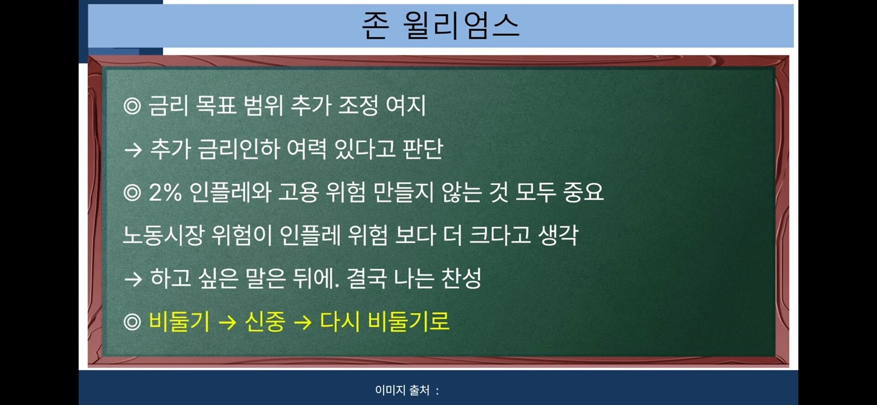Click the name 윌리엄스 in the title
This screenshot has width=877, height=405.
pos(461,25)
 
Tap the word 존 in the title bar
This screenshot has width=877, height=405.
pos(375,25)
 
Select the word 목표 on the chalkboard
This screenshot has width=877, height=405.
pos(216,106)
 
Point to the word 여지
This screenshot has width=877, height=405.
pos(406,106)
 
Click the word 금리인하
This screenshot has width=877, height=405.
pos(238,149)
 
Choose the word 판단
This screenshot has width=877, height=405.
pos(423,149)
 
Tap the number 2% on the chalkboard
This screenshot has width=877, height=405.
pos(165,192)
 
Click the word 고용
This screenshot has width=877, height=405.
pos(299,192)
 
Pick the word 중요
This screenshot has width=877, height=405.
pos(583,192)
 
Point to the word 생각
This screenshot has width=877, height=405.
pos(558,235)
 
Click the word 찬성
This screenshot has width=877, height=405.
pos(461,278)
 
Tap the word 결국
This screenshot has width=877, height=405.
pos(367,278)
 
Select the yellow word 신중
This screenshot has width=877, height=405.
pos(265,321)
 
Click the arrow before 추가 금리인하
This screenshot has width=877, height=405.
pos(133,150)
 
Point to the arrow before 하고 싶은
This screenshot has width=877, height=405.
pos(133,279)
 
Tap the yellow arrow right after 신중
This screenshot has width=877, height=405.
pos(302,322)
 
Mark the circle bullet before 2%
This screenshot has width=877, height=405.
pos(132,193)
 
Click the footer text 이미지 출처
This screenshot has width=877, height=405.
pos(402,390)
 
